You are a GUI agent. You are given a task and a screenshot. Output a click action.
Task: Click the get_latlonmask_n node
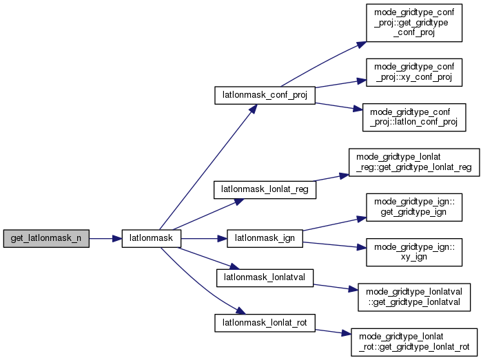pyautogui.click(x=46, y=239)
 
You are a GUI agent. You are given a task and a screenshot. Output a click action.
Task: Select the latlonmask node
pyautogui.click(x=151, y=239)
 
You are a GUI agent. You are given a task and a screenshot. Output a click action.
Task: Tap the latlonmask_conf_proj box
pyautogui.click(x=265, y=95)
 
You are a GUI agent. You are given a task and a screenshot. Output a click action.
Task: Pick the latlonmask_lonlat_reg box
pyautogui.click(x=265, y=189)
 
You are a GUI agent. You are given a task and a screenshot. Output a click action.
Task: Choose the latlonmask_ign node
pyautogui.click(x=265, y=239)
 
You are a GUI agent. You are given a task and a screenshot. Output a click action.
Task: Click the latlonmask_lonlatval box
pyautogui.click(x=265, y=277)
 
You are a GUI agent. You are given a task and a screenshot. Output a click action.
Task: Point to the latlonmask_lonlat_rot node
pyautogui.click(x=265, y=322)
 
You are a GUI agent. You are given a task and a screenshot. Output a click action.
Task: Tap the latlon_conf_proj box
pyautogui.click(x=414, y=118)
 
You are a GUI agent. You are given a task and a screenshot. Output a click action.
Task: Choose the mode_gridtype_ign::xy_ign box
pyautogui.click(x=413, y=253)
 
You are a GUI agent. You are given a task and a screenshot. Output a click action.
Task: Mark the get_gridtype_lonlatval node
pyautogui.click(x=413, y=297)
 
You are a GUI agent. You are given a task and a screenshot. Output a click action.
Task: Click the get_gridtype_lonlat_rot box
pyautogui.click(x=413, y=342)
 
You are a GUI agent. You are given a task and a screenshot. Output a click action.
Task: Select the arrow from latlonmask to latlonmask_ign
pyautogui.click(x=204, y=239)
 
